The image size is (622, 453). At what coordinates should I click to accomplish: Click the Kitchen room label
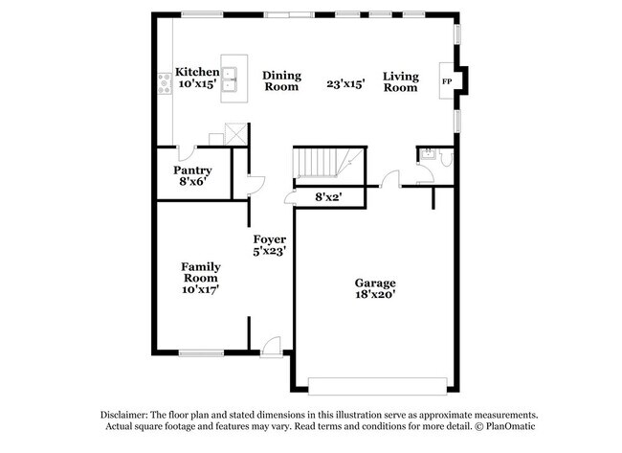[198, 72]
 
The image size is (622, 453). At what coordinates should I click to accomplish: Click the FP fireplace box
[446, 82]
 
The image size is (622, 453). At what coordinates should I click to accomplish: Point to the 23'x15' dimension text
[346, 83]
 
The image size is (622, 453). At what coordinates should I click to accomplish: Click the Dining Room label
[281, 80]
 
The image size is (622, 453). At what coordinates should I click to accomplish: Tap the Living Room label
[400, 81]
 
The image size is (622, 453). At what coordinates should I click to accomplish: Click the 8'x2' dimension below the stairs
[328, 196]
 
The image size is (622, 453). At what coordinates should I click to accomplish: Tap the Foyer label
[270, 238]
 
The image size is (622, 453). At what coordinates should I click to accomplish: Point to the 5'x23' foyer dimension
[270, 251]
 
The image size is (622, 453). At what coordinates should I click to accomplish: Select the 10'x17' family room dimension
[201, 290]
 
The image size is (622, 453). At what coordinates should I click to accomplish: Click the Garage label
[375, 283]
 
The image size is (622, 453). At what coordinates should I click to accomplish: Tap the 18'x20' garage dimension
[375, 295]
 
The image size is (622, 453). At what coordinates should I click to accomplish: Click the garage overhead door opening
[377, 385]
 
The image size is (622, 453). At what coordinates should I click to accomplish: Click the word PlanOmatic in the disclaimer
[499, 426]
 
